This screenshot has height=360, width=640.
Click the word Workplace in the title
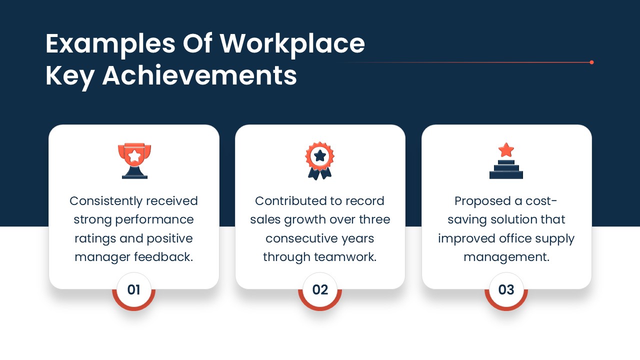point(292,44)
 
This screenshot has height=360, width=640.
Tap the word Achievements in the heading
point(199,75)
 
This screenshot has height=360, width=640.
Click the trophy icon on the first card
point(134,161)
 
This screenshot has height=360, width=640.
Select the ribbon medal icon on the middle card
point(319,161)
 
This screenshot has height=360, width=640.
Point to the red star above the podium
point(506,150)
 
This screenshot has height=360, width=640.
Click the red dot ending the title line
point(591,62)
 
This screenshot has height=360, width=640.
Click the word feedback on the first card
point(163,257)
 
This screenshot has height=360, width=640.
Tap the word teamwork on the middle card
point(345,257)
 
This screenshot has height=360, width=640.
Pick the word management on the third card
point(506,257)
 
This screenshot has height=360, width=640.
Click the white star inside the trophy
point(134,156)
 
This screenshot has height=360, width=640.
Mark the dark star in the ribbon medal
point(319,156)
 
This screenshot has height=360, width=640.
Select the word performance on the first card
point(154,220)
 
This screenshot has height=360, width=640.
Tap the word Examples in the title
point(110,45)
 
